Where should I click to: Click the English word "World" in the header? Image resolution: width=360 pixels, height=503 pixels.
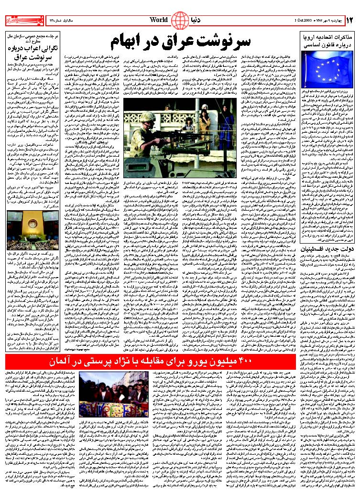tap(159, 20)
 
